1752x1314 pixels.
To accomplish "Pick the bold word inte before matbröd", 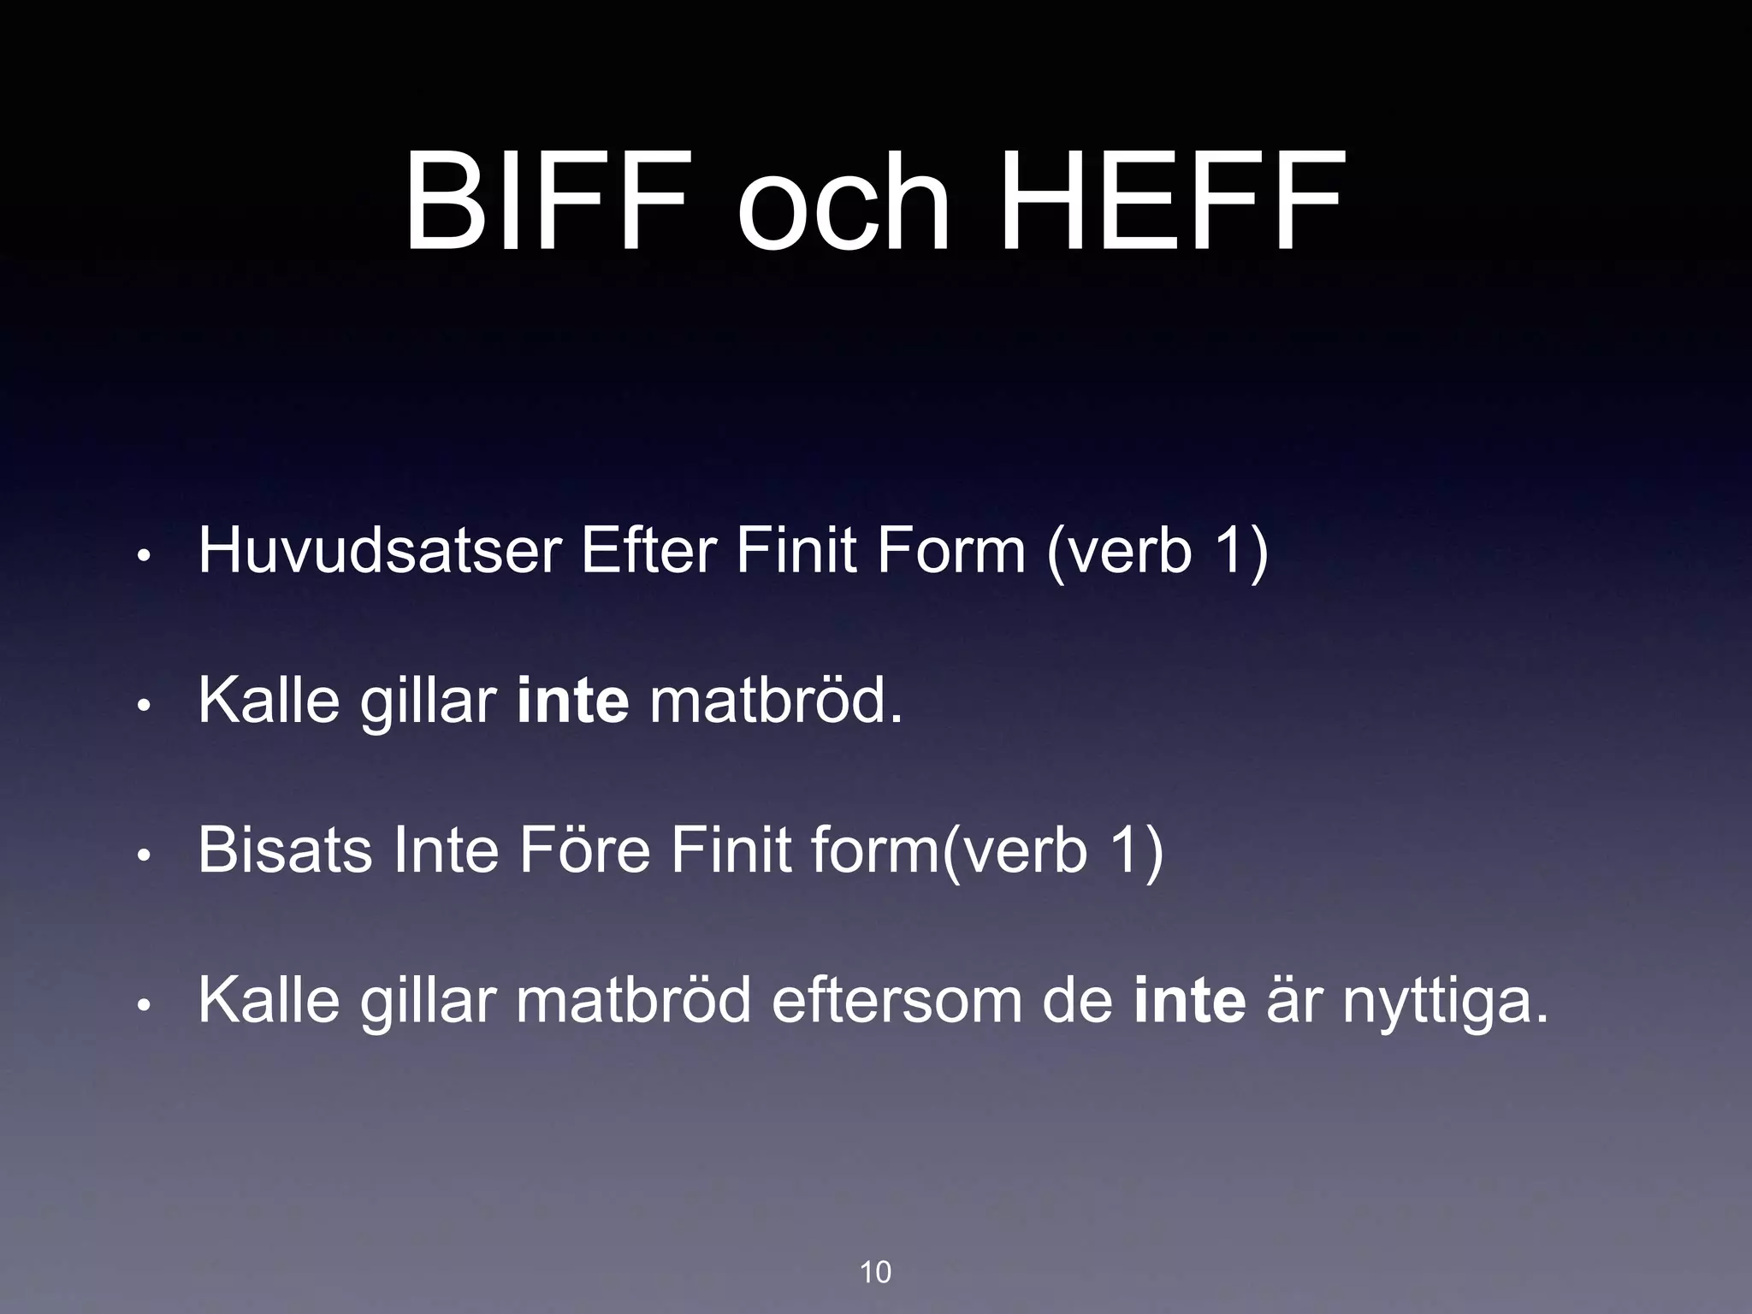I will pyautogui.click(x=572, y=701).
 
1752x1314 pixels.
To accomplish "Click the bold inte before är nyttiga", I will pyautogui.click(x=1189, y=1000).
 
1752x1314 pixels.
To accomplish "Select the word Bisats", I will pyautogui.click(x=285, y=850).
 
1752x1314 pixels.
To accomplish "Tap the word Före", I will pyautogui.click(x=585, y=850).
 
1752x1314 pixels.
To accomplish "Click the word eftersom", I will pyautogui.click(x=897, y=1000).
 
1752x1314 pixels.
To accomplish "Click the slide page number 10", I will pyautogui.click(x=875, y=1272).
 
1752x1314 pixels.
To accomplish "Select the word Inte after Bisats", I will pyautogui.click(x=445, y=850).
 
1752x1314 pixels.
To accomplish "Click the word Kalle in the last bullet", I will pyautogui.click(x=269, y=1000).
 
